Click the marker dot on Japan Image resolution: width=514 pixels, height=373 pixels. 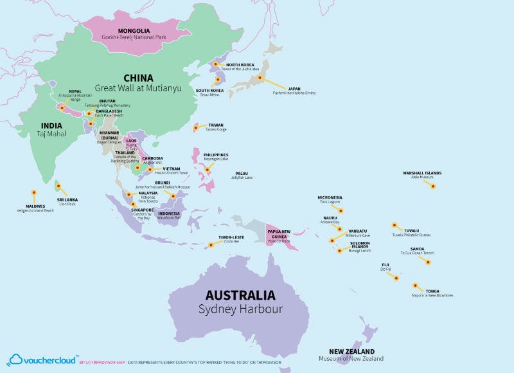260,78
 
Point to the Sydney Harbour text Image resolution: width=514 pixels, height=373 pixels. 240,309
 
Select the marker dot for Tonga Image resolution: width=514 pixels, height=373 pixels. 410,283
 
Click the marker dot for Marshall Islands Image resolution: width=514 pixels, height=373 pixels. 433,186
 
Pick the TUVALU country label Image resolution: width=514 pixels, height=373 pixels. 411,230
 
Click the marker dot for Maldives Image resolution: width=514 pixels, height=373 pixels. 33,192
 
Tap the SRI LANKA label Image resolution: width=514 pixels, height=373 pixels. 67,199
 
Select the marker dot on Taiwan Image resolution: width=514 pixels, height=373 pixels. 195,128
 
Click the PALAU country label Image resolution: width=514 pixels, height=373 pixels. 241,173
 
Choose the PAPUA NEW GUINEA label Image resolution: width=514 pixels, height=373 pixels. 279,233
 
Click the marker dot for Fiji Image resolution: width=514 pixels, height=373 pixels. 396,278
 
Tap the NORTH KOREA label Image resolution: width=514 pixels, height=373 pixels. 239,65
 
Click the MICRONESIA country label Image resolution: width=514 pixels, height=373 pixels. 330,197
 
